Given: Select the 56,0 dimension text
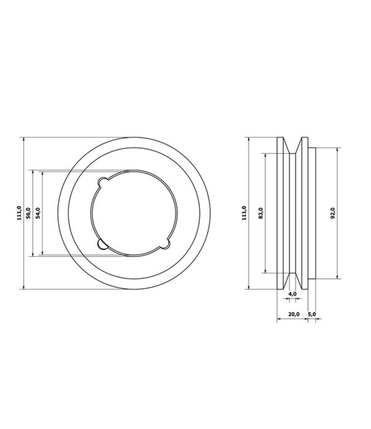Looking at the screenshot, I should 29,213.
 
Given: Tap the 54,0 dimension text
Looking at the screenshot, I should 38,213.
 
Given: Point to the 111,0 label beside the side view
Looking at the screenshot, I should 245,213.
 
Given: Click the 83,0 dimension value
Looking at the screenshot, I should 261,213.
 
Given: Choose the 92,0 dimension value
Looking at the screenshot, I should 333,213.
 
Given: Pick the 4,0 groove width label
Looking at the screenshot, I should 292,295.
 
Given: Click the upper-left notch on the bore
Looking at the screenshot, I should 104,182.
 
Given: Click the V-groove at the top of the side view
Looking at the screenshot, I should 293,143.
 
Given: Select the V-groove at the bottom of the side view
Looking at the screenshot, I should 293,281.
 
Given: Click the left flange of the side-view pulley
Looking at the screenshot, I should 281,213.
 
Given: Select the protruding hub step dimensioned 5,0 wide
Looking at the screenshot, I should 311,213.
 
